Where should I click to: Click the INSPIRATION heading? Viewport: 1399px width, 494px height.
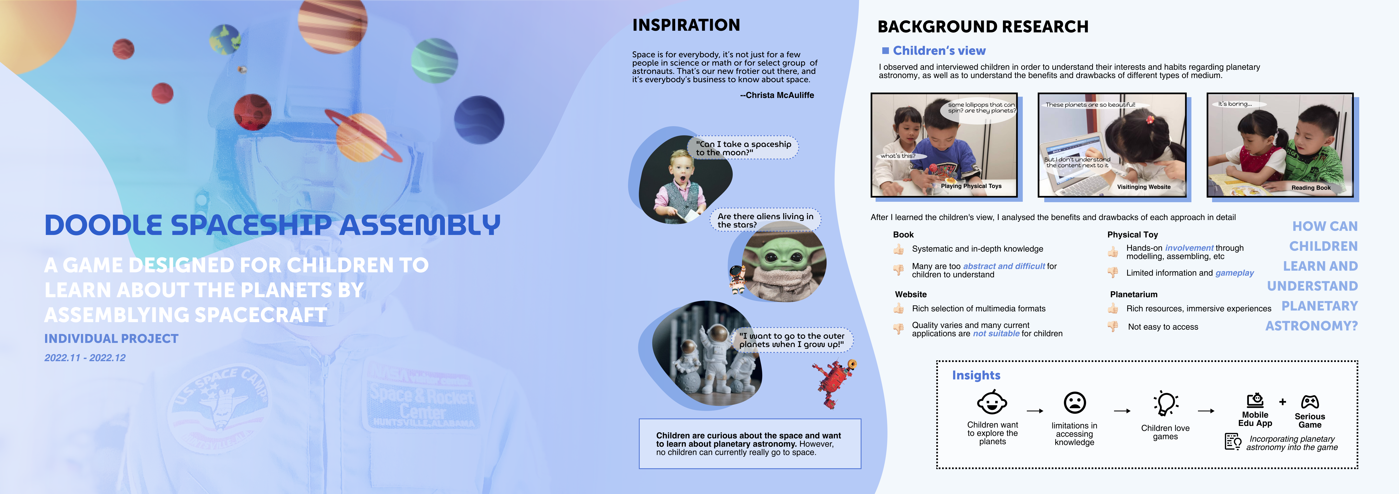tap(686, 25)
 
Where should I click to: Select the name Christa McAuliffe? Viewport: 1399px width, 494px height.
tap(780, 95)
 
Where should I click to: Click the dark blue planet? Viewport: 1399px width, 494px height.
tap(479, 120)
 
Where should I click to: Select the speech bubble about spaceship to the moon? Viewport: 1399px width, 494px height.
tap(744, 148)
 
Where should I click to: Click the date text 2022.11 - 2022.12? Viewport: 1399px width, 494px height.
tap(85, 358)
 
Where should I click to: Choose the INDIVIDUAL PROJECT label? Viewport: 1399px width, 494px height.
tap(111, 339)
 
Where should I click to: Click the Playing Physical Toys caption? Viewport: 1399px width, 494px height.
tap(971, 186)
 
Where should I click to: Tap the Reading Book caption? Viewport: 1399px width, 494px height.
tap(1311, 188)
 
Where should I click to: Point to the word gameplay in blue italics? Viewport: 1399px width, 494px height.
tap(1235, 273)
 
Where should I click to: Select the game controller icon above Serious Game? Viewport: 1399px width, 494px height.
tap(1310, 402)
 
